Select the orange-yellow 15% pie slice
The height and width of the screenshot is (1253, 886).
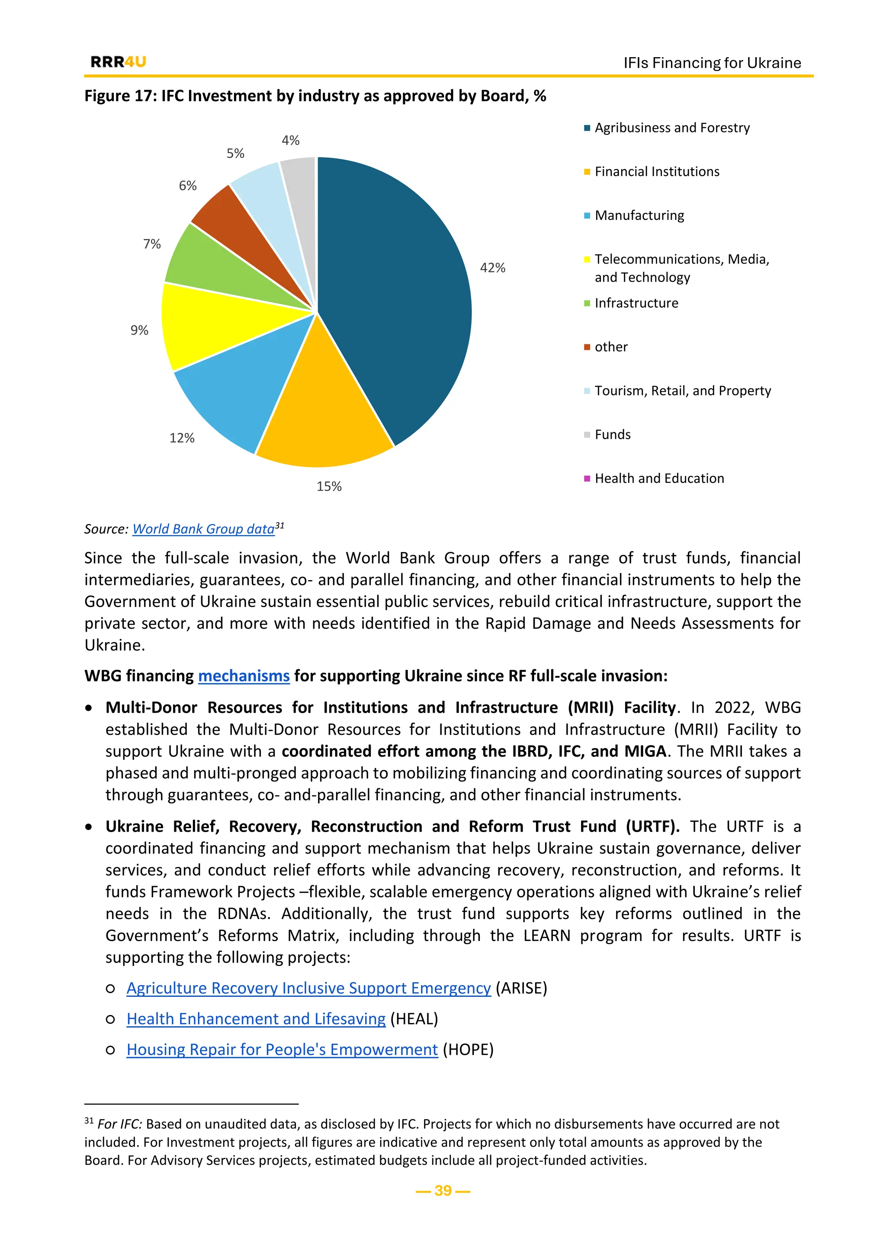pos(322,415)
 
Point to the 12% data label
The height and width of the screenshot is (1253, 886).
pos(182,438)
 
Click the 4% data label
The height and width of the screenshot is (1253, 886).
pos(290,141)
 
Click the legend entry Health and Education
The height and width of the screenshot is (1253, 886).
pos(659,479)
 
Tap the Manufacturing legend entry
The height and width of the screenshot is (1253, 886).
pos(639,215)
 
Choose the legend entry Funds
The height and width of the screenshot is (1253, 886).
pos(612,435)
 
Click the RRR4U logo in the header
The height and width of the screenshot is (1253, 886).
pos(119,62)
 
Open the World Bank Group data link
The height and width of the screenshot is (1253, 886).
pos(203,529)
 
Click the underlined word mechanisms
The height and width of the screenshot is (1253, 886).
pos(243,676)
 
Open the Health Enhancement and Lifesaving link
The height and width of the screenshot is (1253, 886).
pos(256,1019)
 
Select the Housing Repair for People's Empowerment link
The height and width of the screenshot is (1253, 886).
pos(282,1050)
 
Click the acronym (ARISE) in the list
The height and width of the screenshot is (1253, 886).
pos(521,988)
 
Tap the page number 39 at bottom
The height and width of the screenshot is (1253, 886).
pos(443,1190)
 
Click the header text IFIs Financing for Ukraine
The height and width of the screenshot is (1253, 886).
pos(712,63)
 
